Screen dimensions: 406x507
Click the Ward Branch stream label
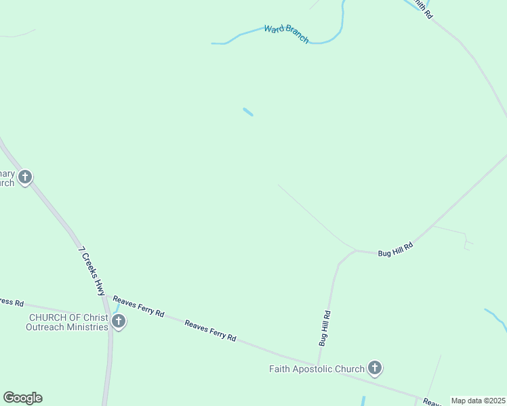286,34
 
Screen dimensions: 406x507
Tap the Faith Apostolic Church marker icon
374,368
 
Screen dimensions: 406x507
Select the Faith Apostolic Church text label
317,369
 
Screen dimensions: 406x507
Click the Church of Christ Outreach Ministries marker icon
119,320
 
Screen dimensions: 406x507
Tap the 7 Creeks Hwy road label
92,271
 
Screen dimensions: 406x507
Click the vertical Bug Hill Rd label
325,328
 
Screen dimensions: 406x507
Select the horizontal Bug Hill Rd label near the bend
395,251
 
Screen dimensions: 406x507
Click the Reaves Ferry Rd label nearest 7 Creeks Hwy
138,306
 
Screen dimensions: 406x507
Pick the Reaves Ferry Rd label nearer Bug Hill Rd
211,330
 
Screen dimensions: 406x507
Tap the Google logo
22,398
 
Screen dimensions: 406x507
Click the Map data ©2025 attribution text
478,401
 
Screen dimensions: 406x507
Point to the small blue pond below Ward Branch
248,112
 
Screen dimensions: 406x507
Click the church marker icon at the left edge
25,177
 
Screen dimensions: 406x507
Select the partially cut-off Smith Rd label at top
423,8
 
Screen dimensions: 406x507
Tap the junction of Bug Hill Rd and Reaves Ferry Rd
319,365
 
